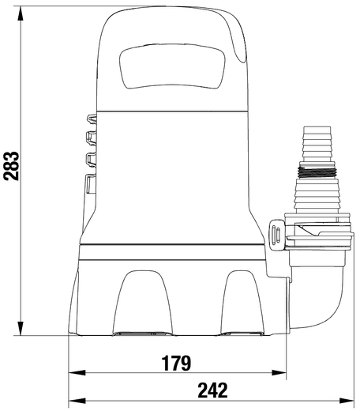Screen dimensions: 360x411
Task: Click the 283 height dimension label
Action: (12, 166)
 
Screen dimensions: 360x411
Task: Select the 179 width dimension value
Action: (176, 363)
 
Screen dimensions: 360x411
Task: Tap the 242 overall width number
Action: (212, 390)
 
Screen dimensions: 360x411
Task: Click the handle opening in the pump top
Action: (172, 66)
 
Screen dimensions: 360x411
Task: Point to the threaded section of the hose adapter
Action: (317, 172)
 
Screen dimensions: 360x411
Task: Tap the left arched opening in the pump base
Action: (143, 303)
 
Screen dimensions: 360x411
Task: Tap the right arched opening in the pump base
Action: (242, 303)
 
